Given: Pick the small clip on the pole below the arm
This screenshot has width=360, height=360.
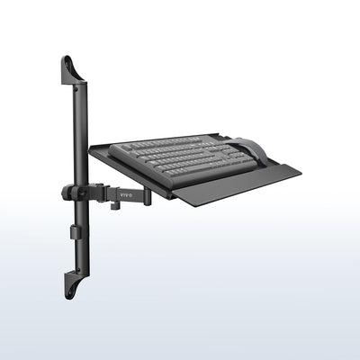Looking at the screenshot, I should (x=74, y=231).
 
